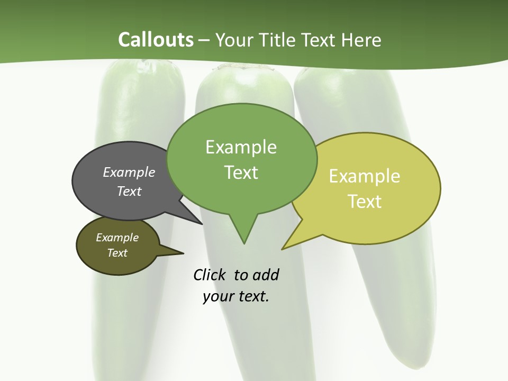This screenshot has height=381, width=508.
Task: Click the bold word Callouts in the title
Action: tap(156, 40)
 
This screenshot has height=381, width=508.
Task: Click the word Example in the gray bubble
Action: tap(129, 172)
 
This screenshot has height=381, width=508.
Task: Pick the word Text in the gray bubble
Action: tap(129, 191)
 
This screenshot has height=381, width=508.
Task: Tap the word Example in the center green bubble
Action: tap(241, 147)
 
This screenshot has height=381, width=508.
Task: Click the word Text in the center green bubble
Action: tap(241, 172)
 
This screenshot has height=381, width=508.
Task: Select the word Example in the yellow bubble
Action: tap(365, 176)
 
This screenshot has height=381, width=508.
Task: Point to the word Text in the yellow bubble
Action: tap(365, 201)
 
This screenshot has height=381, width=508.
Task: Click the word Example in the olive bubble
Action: tap(117, 238)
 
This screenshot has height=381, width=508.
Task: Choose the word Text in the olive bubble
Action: tap(117, 253)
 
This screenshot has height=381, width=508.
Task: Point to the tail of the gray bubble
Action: tap(199, 221)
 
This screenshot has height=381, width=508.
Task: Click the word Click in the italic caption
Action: tap(211, 275)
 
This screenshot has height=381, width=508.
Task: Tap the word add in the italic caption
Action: tap(266, 275)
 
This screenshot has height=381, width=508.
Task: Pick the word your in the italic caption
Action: tap(217, 296)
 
